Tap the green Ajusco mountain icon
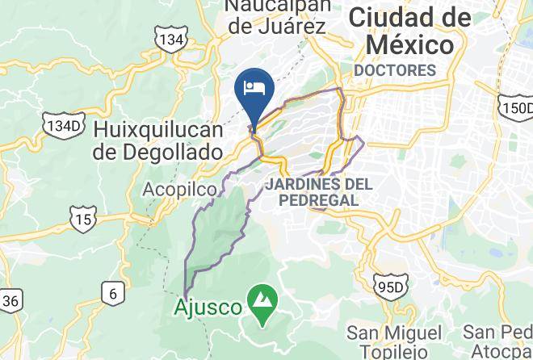pyautogui.click(x=262, y=299)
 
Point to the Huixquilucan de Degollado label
pyautogui.click(x=157, y=140)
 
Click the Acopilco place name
pyautogui.click(x=179, y=190)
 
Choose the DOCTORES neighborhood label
pyautogui.click(x=395, y=70)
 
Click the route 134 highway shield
pyautogui.click(x=171, y=39)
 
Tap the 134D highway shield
pyautogui.click(x=63, y=126)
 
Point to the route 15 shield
pyautogui.click(x=82, y=218)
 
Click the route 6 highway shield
pyautogui.click(x=113, y=292)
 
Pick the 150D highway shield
pyautogui.click(x=517, y=109)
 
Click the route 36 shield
pyautogui.click(x=10, y=301)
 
